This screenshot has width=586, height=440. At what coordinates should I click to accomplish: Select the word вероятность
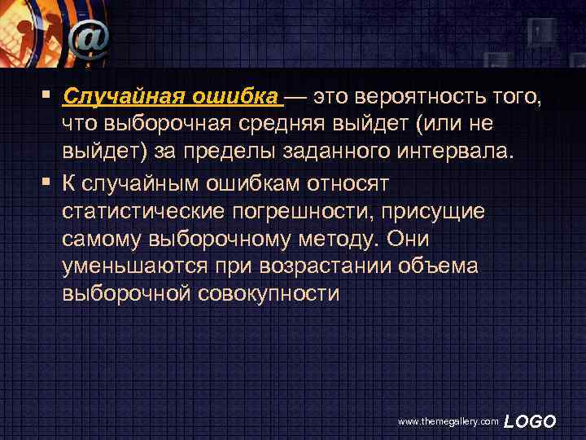click(x=413, y=99)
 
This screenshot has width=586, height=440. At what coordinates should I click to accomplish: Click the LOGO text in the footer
click(x=530, y=420)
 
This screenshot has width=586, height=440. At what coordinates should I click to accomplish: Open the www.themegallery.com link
click(x=447, y=421)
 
